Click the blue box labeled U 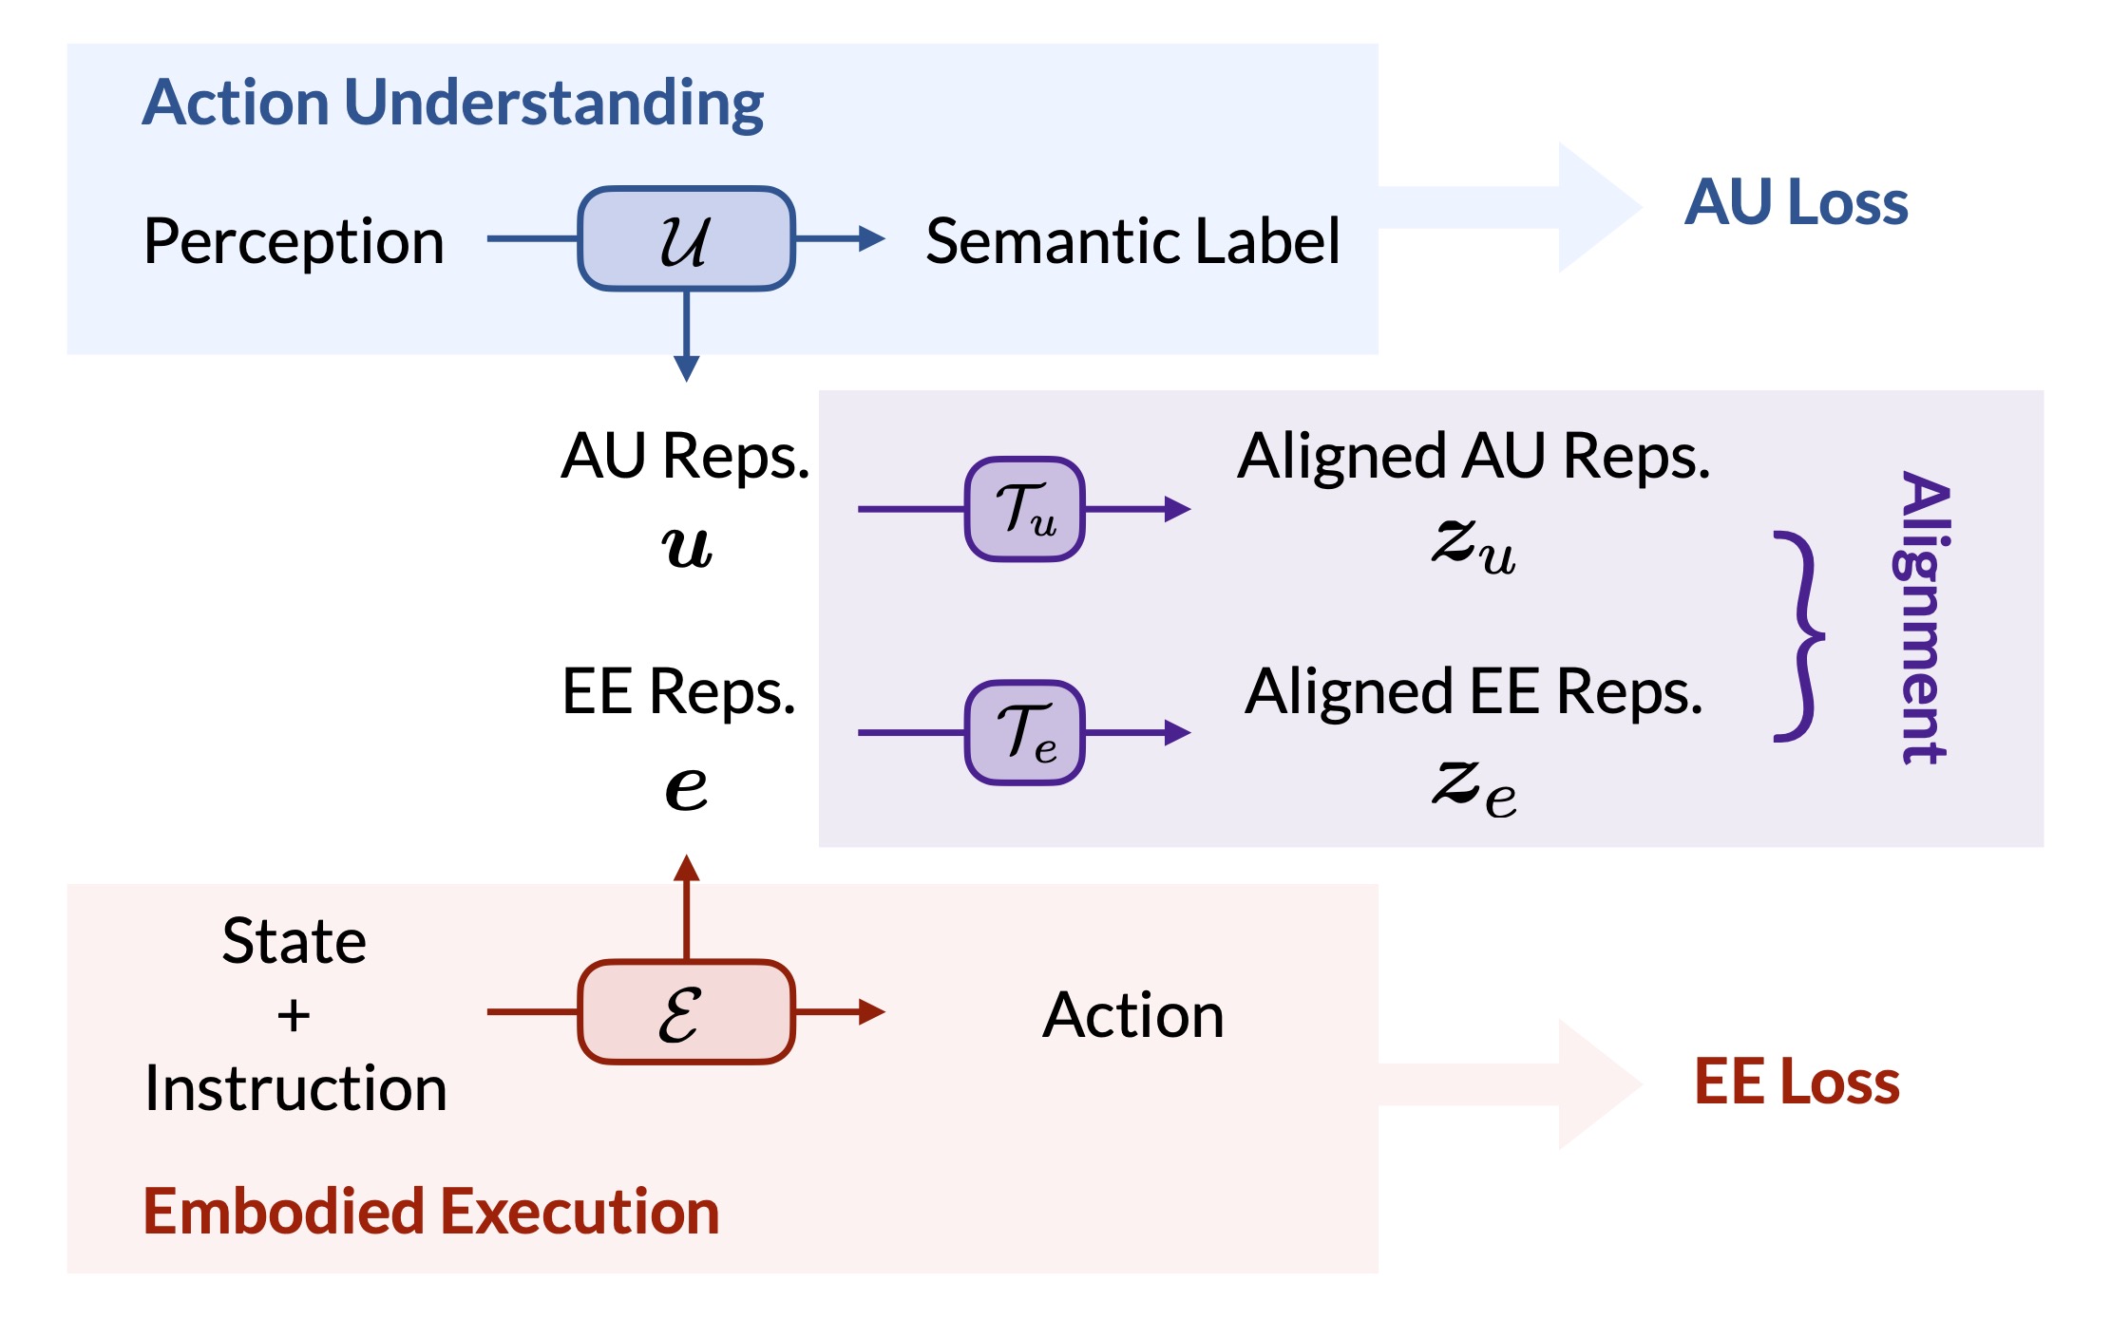click(686, 238)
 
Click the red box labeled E click(686, 1011)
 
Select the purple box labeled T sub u click(1025, 509)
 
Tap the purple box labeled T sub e click(1025, 732)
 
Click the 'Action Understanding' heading click(453, 103)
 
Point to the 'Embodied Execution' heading click(431, 1212)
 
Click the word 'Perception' click(294, 241)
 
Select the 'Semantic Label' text click(1132, 240)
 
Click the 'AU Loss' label click(1797, 202)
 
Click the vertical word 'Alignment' click(1921, 617)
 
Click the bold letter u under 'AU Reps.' click(686, 547)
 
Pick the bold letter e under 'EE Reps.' click(686, 788)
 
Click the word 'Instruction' click(295, 1088)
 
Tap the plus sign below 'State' click(294, 1015)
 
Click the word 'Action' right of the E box click(1133, 1015)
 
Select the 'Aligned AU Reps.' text click(1474, 457)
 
